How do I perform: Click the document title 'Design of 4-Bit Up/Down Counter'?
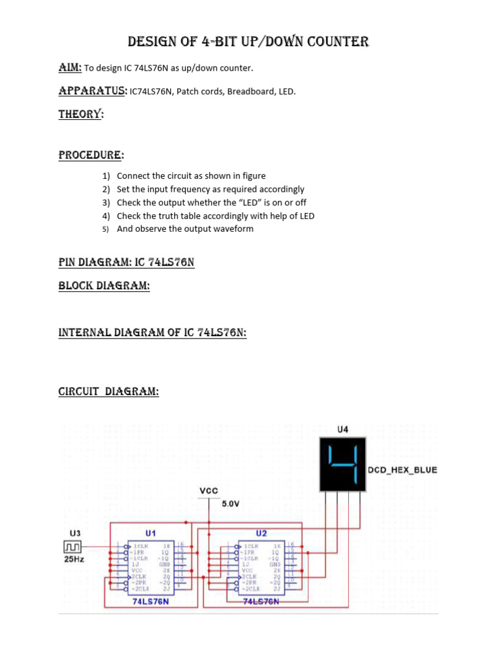pyautogui.click(x=248, y=43)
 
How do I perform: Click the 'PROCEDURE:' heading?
pyautogui.click(x=91, y=155)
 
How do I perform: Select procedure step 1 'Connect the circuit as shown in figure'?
pyautogui.click(x=191, y=176)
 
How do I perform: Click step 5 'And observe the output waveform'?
pyautogui.click(x=185, y=229)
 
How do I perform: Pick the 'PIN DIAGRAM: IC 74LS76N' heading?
pyautogui.click(x=126, y=263)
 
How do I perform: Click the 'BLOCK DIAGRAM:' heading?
pyautogui.click(x=104, y=286)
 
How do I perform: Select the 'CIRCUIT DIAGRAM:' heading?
pyautogui.click(x=109, y=392)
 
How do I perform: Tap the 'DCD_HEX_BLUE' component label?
pyautogui.click(x=402, y=470)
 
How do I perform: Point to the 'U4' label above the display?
pyautogui.click(x=343, y=429)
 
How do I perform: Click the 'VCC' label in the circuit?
pyautogui.click(x=208, y=491)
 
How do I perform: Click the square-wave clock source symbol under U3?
pyautogui.click(x=73, y=549)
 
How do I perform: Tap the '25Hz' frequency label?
pyautogui.click(x=75, y=559)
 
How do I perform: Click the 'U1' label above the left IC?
pyautogui.click(x=150, y=534)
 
